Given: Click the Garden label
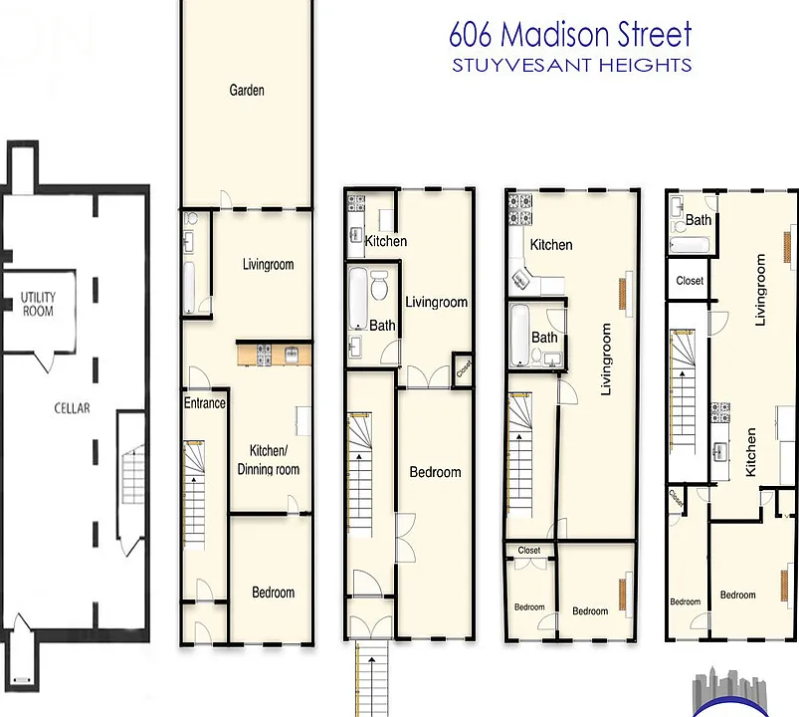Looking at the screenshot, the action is [x=247, y=91].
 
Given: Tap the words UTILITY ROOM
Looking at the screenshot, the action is [x=38, y=304].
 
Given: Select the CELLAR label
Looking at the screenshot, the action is [x=72, y=408].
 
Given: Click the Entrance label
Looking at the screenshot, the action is [x=204, y=403].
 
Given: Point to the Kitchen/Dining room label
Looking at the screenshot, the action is [x=269, y=460].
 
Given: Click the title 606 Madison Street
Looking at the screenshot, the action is [x=570, y=34].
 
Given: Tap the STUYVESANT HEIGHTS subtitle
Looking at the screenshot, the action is [x=572, y=66].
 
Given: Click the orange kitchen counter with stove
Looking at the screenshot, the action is [x=275, y=354].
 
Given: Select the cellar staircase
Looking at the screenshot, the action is [x=133, y=474].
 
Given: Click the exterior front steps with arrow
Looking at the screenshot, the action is [x=372, y=678].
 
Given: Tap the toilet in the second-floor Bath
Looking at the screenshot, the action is [x=379, y=285].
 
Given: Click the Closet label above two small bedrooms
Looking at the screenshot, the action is [x=529, y=551].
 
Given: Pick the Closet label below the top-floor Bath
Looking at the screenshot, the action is [x=690, y=281].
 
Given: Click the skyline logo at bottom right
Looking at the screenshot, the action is [x=730, y=692].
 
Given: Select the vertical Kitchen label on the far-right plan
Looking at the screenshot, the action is [x=750, y=452].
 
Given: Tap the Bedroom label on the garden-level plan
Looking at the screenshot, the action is [x=273, y=593].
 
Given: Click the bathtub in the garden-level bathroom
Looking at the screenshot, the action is [x=188, y=287].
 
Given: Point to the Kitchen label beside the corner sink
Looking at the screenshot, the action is [x=551, y=245].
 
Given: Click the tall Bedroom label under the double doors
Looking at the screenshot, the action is [x=435, y=472].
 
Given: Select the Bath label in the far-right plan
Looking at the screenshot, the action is [x=699, y=220].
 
